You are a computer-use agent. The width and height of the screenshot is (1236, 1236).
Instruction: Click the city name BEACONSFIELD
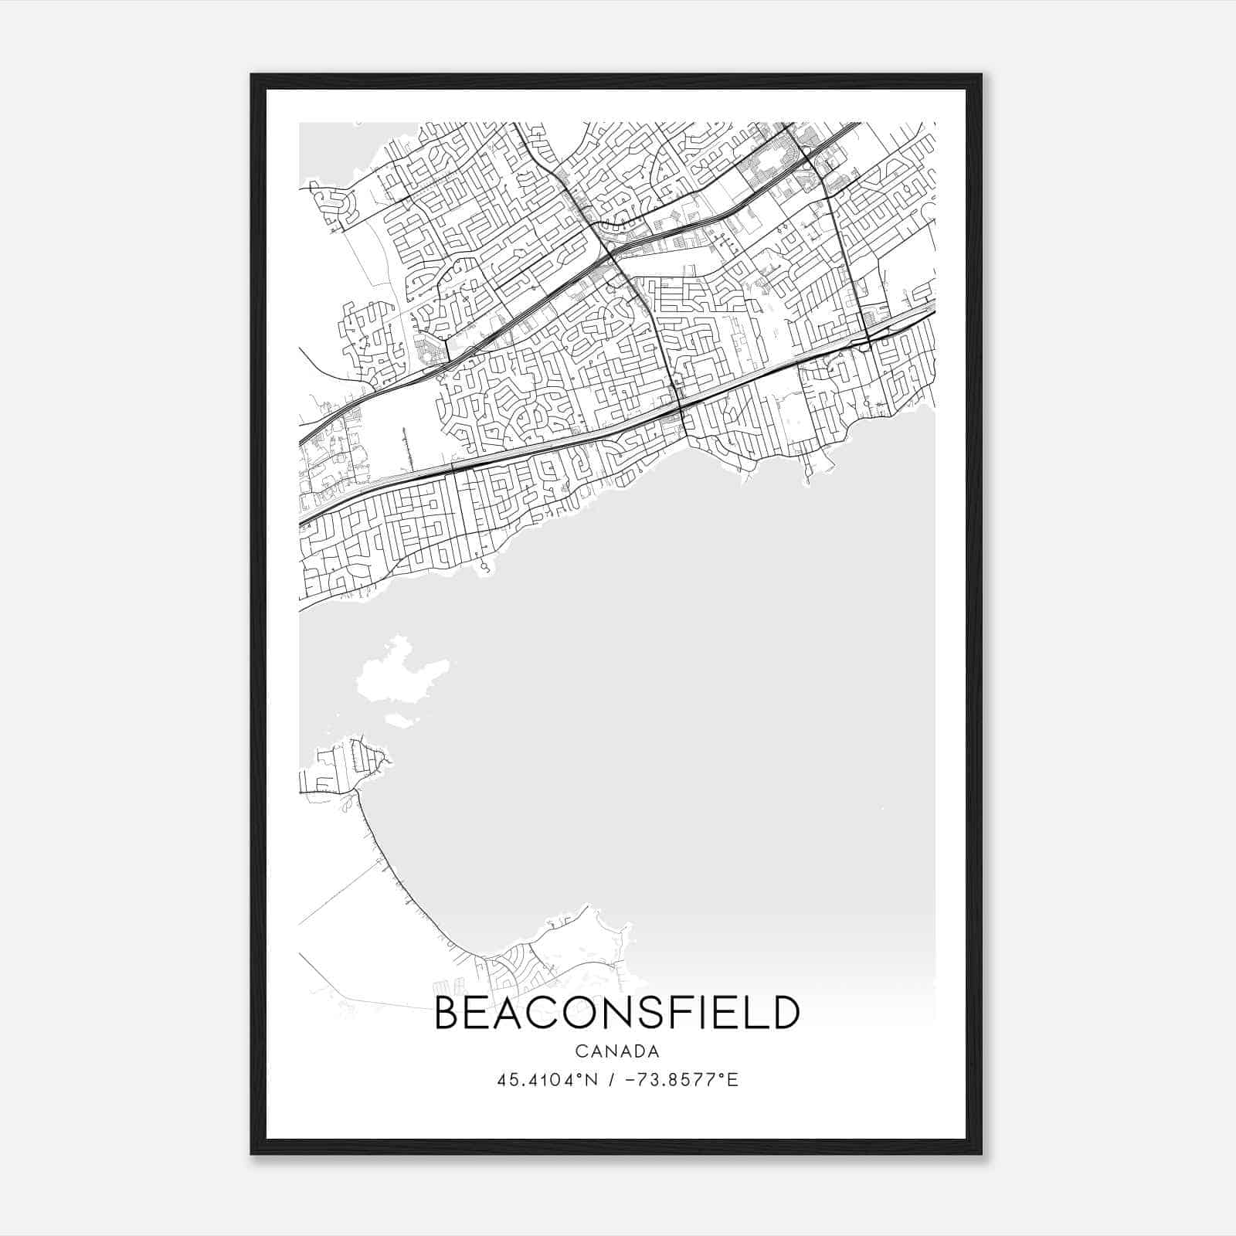coord(617,1013)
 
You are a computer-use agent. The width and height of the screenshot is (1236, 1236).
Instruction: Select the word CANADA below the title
coord(617,1051)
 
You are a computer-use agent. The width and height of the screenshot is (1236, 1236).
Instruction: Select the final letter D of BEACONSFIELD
coord(785,1013)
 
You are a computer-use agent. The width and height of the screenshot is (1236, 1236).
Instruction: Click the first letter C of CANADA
coord(580,1051)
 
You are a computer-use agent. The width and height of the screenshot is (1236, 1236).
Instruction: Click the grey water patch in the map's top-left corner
coord(324,151)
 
